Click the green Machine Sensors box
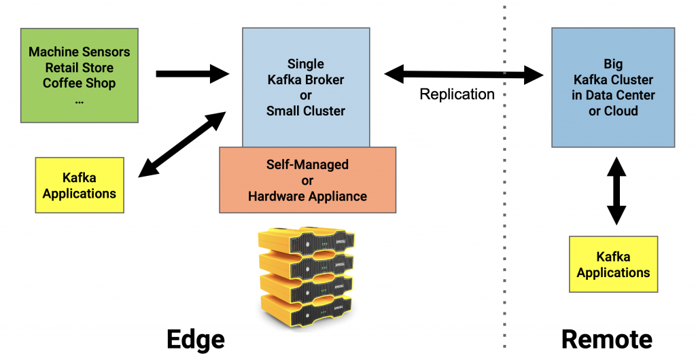click(80, 75)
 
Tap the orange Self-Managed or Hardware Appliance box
click(307, 180)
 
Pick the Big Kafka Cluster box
click(613, 88)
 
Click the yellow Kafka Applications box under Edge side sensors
click(79, 185)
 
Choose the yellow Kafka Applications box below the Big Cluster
click(613, 264)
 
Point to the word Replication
click(457, 94)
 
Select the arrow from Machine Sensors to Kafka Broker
click(192, 73)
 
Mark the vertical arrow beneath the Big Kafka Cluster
click(616, 191)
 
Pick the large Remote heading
click(607, 338)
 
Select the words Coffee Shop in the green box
click(79, 83)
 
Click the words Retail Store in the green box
click(79, 67)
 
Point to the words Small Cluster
click(306, 111)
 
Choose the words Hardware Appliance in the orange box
click(307, 196)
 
